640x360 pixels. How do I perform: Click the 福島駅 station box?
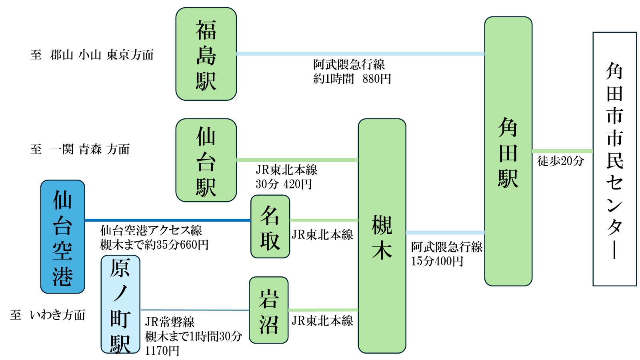[x=206, y=54]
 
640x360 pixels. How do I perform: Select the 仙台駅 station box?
[x=206, y=160]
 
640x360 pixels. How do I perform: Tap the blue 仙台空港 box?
[x=63, y=237]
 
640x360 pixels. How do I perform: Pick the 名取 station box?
[x=270, y=226]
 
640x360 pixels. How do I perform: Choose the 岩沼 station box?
[x=268, y=310]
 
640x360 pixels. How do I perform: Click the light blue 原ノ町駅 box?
[x=120, y=304]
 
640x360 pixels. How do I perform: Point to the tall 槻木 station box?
[x=382, y=236]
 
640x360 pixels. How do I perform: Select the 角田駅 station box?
[x=508, y=151]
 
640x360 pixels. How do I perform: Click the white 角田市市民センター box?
[x=614, y=159]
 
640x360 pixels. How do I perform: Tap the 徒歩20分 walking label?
[x=560, y=161]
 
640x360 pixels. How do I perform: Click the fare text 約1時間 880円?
[x=352, y=79]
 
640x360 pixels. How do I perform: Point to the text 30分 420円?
[x=284, y=184]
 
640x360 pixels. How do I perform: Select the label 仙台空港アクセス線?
[x=151, y=230]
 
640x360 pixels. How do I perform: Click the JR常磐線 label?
[x=170, y=322]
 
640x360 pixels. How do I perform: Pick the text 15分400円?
[x=437, y=261]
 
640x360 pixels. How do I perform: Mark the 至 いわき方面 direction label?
[x=48, y=315]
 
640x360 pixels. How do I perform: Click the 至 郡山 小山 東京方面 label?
[x=92, y=55]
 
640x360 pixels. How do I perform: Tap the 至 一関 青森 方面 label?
[x=80, y=150]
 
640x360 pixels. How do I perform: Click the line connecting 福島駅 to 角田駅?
[x=360, y=54]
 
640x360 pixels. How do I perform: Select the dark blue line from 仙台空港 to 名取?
[x=168, y=220]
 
